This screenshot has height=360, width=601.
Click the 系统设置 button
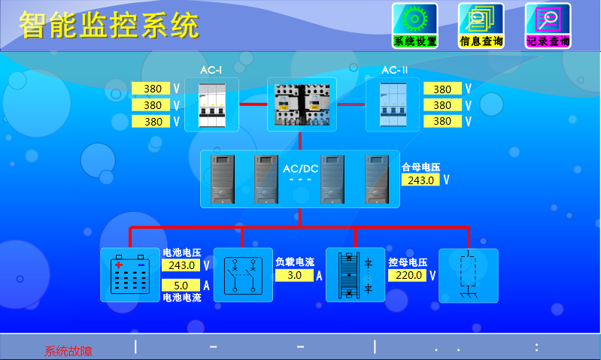(414, 26)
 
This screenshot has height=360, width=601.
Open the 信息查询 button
(481, 26)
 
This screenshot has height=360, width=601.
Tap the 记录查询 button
(548, 26)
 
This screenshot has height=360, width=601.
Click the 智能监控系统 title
(109, 26)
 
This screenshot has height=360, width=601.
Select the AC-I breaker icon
(211, 104)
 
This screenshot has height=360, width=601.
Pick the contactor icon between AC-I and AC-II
(300, 104)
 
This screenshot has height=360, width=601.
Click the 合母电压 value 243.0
(420, 180)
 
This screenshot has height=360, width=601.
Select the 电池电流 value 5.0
(181, 286)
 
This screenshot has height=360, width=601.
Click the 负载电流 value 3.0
(294, 275)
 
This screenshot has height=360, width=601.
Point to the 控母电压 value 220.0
(406, 275)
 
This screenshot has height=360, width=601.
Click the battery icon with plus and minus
(130, 275)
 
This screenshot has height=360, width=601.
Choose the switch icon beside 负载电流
(242, 275)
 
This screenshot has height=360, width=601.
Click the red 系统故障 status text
(69, 351)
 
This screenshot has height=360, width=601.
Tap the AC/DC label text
(300, 169)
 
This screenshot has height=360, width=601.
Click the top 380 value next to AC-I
(152, 89)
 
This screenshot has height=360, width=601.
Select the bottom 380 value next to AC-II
(442, 121)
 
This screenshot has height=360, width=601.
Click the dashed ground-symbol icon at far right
(467, 275)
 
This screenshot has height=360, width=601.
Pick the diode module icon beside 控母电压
(354, 275)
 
